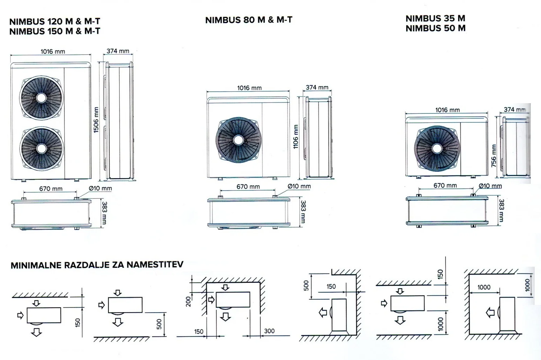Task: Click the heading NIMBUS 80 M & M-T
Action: pyautogui.click(x=249, y=20)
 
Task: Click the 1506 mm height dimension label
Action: pyautogui.click(x=96, y=120)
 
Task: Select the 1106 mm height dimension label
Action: pyautogui.click(x=296, y=136)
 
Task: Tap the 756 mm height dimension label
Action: pyautogui.click(x=494, y=155)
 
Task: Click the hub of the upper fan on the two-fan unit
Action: pyautogui.click(x=41, y=98)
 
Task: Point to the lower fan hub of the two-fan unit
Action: pyautogui.click(x=41, y=148)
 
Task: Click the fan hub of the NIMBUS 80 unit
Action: pyautogui.click(x=239, y=140)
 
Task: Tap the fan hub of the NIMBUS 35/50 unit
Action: pyautogui.click(x=437, y=148)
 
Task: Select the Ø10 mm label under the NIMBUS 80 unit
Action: pyautogui.click(x=299, y=186)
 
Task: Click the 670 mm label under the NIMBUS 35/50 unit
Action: pyautogui.click(x=445, y=186)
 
